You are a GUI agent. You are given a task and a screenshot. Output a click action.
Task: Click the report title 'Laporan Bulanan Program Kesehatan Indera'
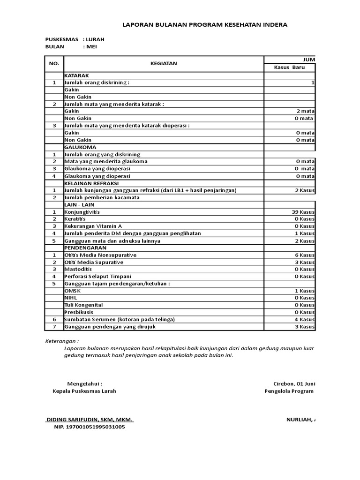click(x=205, y=25)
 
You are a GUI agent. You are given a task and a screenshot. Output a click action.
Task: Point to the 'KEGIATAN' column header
click(x=164, y=64)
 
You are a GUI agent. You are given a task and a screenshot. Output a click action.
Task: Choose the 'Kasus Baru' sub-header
click(x=289, y=67)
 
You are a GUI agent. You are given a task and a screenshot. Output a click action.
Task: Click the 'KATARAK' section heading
click(x=76, y=75)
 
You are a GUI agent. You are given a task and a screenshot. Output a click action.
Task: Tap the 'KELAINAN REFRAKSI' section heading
click(x=91, y=183)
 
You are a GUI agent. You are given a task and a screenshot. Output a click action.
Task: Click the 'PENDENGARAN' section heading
click(x=85, y=247)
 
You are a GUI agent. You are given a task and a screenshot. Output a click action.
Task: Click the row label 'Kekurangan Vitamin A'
click(x=93, y=226)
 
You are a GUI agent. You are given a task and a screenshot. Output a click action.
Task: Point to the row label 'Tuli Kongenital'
click(x=83, y=305)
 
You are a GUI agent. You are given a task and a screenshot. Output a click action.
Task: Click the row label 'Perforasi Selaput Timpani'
click(x=98, y=277)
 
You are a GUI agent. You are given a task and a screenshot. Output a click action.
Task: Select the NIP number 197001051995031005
click(x=90, y=427)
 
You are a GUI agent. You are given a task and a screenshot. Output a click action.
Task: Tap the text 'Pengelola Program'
click(x=289, y=391)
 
